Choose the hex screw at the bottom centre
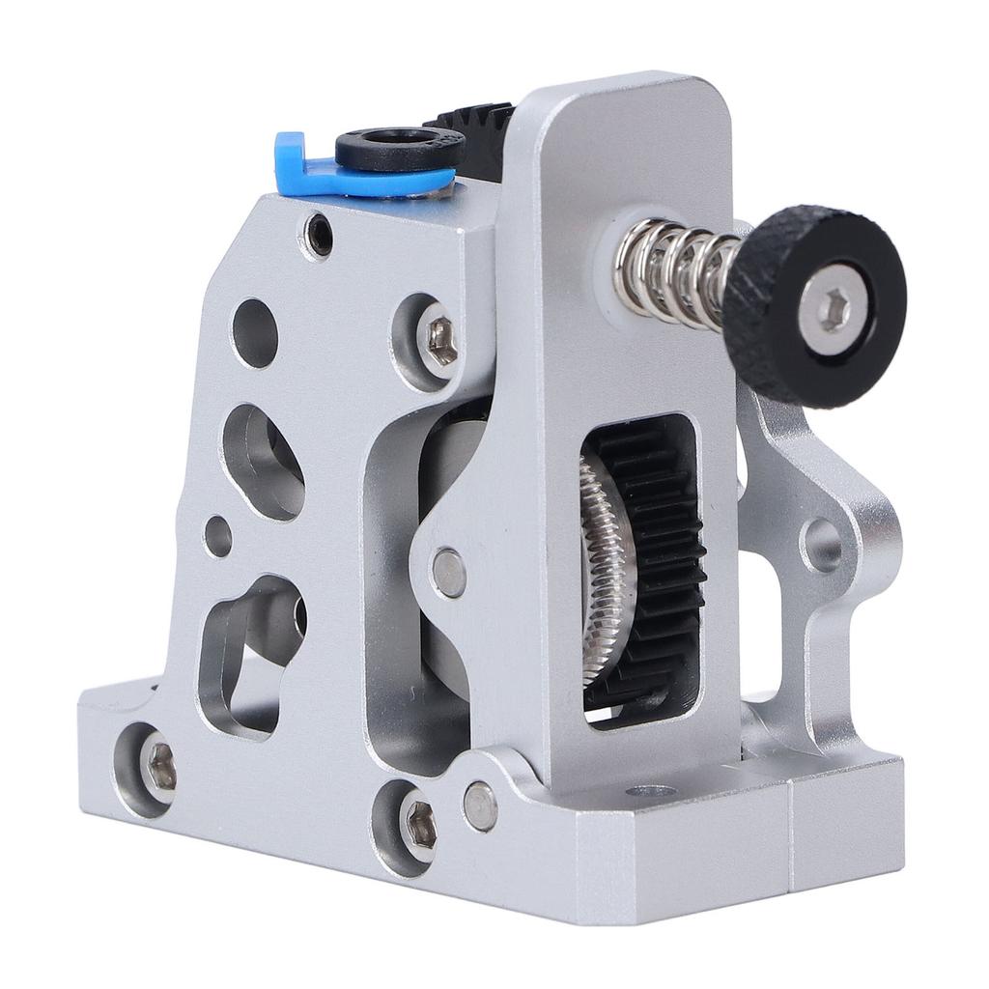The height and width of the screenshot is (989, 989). point(417,828)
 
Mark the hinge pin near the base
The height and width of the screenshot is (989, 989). point(479,805)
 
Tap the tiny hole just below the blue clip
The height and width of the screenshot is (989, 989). point(317,235)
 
